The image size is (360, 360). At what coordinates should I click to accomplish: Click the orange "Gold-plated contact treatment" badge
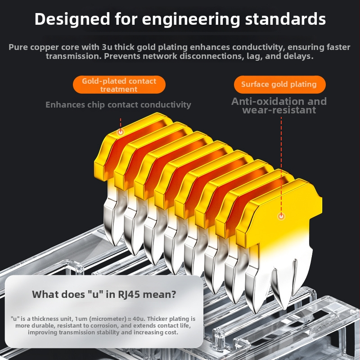(x=119, y=85)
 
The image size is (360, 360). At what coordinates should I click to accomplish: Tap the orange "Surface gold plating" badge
(x=279, y=84)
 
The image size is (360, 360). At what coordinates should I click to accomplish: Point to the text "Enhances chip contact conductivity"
(x=118, y=105)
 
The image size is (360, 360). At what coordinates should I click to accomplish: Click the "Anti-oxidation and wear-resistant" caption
(x=279, y=106)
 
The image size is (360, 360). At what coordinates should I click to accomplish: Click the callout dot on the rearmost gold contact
(x=121, y=132)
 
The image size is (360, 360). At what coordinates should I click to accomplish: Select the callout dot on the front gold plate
(x=281, y=216)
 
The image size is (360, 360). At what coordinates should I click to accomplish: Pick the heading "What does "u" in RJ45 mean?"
(x=104, y=295)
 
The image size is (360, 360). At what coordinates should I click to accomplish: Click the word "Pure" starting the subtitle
(x=19, y=47)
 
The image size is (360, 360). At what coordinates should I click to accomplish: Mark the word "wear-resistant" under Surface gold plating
(x=279, y=110)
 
